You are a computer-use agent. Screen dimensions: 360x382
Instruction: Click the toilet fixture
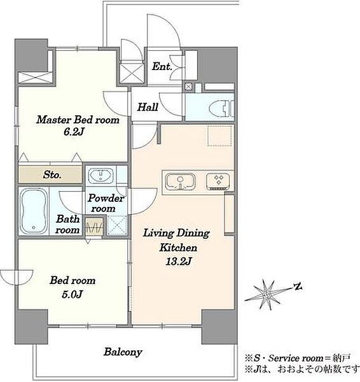[x=221, y=108]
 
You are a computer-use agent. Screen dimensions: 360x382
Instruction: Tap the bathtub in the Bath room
[x=33, y=211]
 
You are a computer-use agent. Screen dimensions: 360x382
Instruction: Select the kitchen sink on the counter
[x=180, y=181]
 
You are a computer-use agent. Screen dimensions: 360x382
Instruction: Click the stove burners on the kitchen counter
[x=218, y=181]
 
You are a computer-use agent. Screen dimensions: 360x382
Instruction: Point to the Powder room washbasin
[x=100, y=176]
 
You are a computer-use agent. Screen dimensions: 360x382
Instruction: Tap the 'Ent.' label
[x=162, y=66]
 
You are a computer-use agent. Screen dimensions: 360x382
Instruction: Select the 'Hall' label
[x=148, y=107]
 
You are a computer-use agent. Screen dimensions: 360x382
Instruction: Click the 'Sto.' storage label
[x=52, y=174]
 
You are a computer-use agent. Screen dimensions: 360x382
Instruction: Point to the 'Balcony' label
[x=123, y=352]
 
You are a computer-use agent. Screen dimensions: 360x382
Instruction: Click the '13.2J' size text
[x=179, y=262]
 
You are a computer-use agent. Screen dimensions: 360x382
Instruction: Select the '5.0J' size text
[x=73, y=295]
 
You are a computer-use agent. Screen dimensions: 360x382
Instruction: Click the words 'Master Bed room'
[x=78, y=120]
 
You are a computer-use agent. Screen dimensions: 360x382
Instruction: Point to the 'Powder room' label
[x=106, y=203]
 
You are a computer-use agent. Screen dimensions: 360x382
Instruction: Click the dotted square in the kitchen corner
[x=220, y=136]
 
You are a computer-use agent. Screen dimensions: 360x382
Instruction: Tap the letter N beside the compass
[x=298, y=286]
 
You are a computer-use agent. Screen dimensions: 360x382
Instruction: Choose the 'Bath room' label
[x=67, y=224]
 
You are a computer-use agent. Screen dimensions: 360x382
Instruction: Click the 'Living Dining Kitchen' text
[x=176, y=240]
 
